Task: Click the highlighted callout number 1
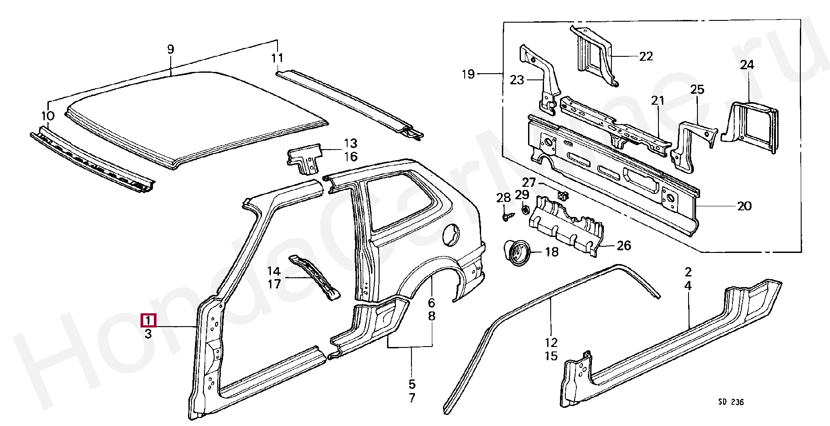pyautogui.click(x=148, y=320)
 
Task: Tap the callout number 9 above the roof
pyautogui.click(x=171, y=49)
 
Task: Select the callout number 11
pyautogui.click(x=277, y=58)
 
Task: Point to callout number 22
pyautogui.click(x=646, y=56)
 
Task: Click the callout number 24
pyautogui.click(x=747, y=65)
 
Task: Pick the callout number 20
pyautogui.click(x=744, y=206)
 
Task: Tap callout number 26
pyautogui.click(x=624, y=246)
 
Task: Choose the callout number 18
pyautogui.click(x=552, y=252)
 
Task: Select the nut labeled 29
pyautogui.click(x=524, y=209)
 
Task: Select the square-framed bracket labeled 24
pyautogui.click(x=750, y=126)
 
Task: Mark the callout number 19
pyautogui.click(x=468, y=74)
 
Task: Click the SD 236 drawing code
pyautogui.click(x=731, y=402)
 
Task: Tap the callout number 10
pyautogui.click(x=48, y=116)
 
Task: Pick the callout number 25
pyautogui.click(x=697, y=90)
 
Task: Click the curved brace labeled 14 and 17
pyautogui.click(x=314, y=277)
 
